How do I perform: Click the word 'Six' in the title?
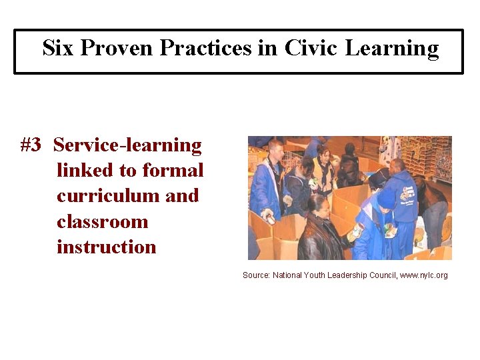57,48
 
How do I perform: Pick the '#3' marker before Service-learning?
31,145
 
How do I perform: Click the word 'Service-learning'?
127,145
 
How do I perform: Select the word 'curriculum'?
105,195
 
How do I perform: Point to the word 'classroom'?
102,221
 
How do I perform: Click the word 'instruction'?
106,247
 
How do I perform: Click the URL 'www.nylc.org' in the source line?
423,275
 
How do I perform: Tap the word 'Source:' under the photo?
256,275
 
